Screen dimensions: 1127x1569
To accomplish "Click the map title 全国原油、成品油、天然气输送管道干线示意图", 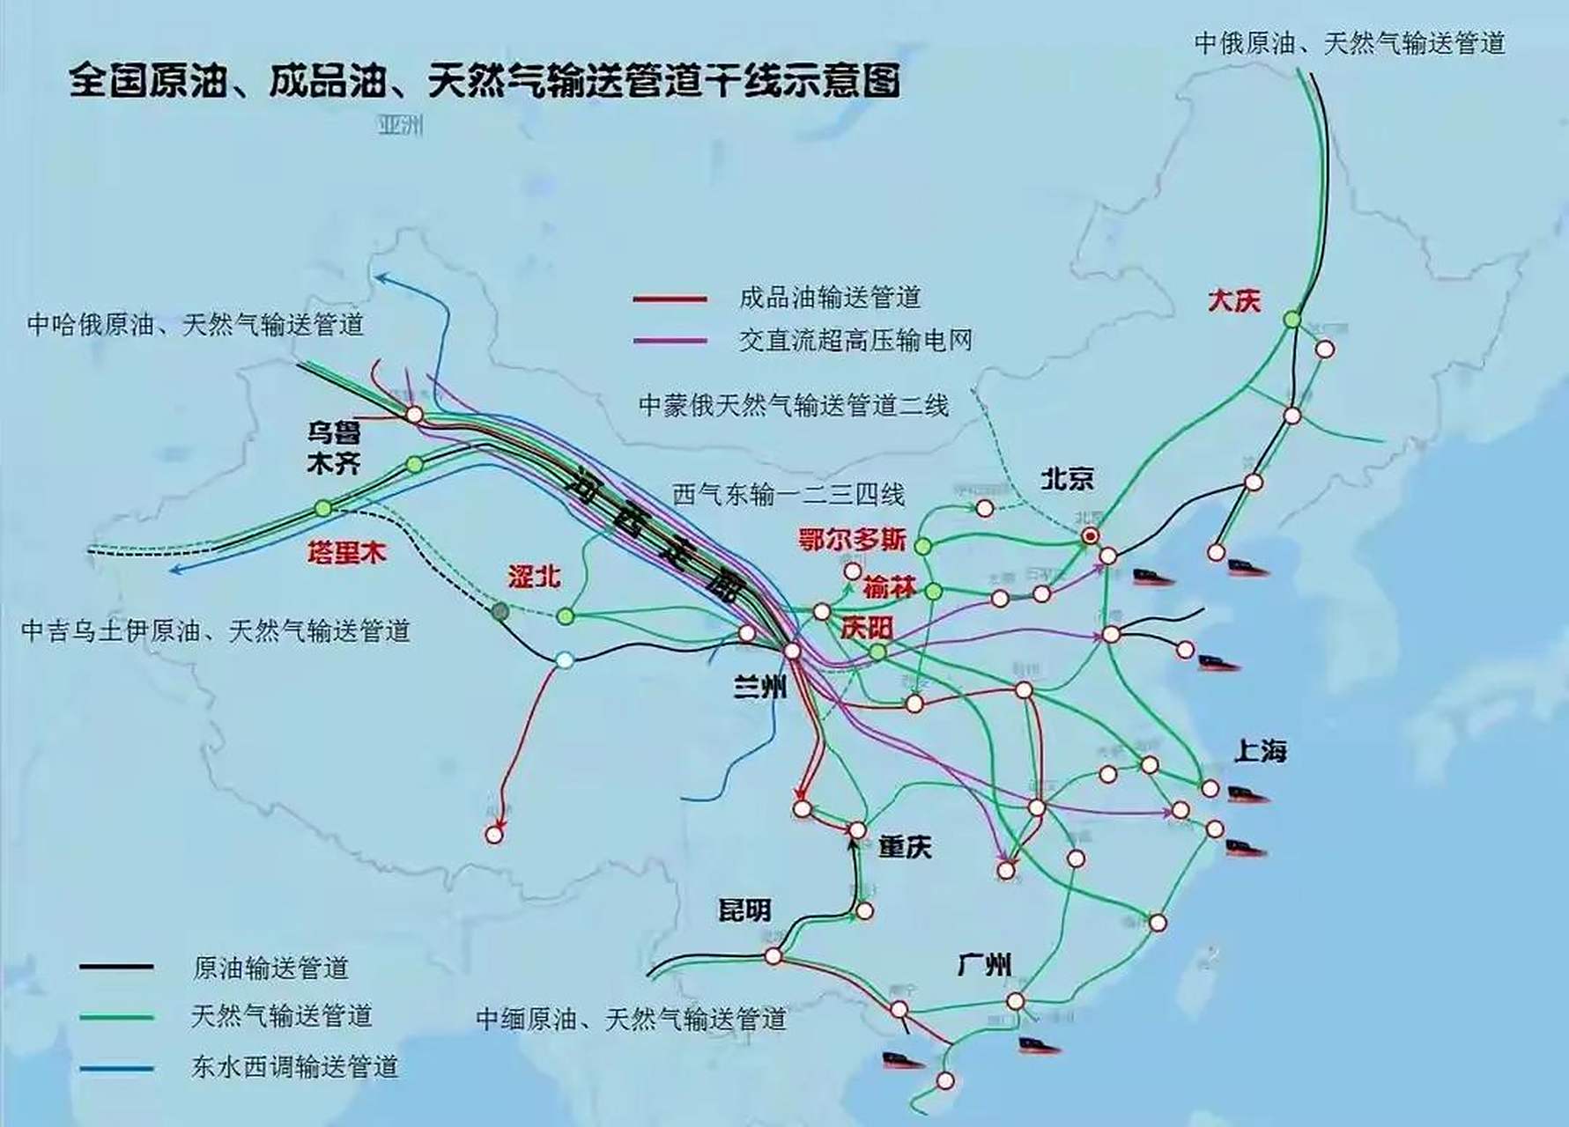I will coord(485,81).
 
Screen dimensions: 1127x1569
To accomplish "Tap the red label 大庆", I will coord(1233,301).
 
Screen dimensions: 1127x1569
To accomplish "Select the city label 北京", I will coord(1067,479).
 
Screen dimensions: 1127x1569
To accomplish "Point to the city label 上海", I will coord(1260,751).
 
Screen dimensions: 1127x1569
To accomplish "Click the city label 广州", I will coord(983,965).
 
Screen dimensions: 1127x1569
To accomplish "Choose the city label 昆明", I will coord(744,910).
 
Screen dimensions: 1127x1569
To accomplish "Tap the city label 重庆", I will coord(905,847).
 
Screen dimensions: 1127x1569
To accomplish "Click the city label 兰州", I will coord(759,686).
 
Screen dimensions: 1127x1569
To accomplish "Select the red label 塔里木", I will coord(347,553).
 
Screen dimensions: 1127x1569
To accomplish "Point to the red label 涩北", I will coord(534,577).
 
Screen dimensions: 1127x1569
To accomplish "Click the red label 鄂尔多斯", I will coord(852,540).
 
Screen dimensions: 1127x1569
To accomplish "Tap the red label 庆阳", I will coord(867,628).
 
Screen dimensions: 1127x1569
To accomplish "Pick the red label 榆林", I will coord(889,586).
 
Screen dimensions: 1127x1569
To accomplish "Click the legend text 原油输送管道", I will coord(270,968).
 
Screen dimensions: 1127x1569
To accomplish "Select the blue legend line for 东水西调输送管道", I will coord(116,1069).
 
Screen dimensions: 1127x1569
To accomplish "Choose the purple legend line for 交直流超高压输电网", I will coord(670,341).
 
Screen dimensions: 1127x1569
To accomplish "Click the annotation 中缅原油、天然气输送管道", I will coord(631,1019).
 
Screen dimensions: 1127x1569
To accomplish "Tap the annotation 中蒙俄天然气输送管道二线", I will coord(793,405).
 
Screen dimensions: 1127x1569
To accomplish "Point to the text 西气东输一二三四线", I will coord(788,495).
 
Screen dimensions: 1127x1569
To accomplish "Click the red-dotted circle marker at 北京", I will coord(1091,535).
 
